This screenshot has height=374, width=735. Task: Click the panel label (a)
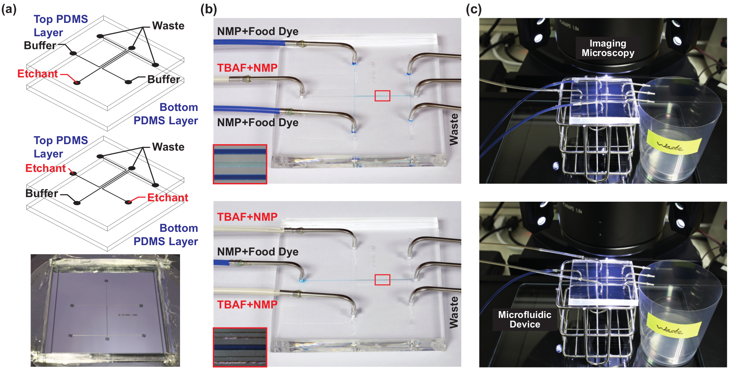(x=9, y=9)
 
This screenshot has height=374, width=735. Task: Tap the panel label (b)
(x=209, y=9)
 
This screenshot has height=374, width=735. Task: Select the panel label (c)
(x=473, y=9)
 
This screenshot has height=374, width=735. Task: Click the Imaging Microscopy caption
(x=608, y=48)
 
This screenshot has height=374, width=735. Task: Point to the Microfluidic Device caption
(x=524, y=319)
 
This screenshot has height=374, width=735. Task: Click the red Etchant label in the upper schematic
(x=37, y=74)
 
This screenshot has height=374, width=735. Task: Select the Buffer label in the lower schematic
(x=42, y=193)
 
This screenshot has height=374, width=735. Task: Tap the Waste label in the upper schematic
(x=168, y=26)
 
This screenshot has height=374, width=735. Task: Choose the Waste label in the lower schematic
(x=168, y=147)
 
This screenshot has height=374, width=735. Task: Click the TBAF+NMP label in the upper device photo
(x=247, y=68)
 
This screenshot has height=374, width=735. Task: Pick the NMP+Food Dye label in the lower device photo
(x=257, y=252)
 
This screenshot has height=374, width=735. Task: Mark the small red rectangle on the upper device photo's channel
(x=382, y=96)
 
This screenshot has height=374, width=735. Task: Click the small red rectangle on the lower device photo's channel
(x=382, y=280)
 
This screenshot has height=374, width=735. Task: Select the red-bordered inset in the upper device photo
(x=240, y=164)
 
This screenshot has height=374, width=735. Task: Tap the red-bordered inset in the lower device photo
(x=240, y=347)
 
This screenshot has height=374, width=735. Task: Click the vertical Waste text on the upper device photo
(x=454, y=129)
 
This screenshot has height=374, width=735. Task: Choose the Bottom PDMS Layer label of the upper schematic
(x=166, y=114)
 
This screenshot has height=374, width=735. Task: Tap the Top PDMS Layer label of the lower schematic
(x=61, y=147)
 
